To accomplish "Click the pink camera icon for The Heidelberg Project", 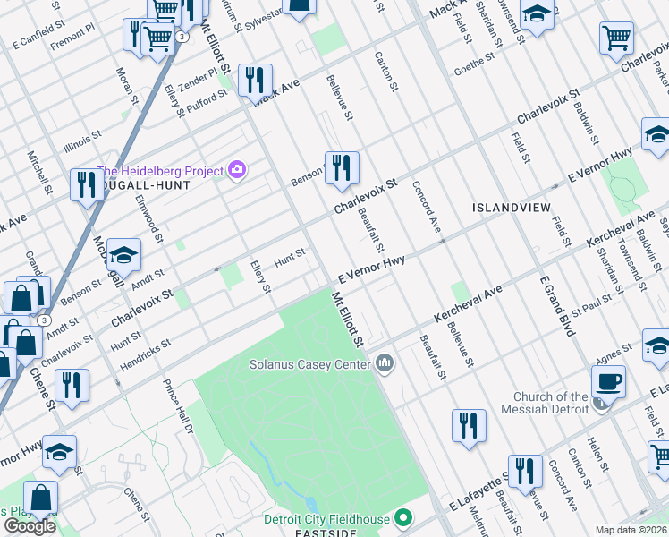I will (237, 169).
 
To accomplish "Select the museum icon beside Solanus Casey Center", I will (385, 362).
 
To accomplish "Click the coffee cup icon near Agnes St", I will (608, 380).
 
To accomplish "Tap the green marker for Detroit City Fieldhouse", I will (403, 517).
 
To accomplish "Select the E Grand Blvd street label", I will (555, 304).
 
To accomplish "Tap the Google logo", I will (30, 526).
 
